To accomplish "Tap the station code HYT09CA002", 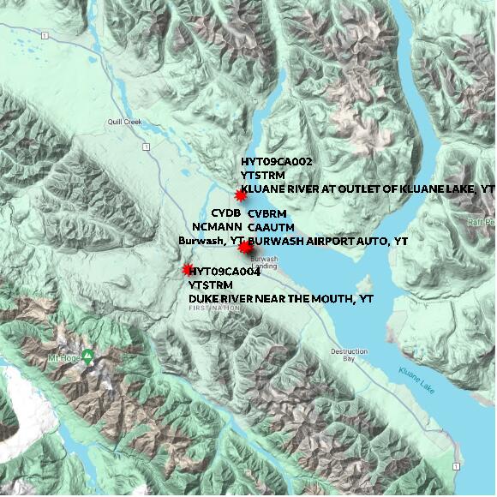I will point(276,161).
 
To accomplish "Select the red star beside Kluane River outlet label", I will point(240,196).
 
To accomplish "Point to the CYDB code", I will point(225,213).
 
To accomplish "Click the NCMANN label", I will point(213,227).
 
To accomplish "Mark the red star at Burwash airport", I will point(245,248).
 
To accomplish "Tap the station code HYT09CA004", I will point(225,272).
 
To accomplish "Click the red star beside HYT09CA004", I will point(188,270).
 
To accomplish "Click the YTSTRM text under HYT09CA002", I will point(261,175).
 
